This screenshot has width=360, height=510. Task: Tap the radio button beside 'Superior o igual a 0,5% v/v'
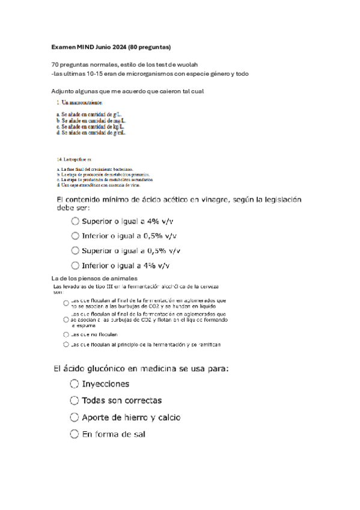75,250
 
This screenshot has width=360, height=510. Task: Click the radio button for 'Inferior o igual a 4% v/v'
75,265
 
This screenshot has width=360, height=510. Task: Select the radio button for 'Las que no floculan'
66,334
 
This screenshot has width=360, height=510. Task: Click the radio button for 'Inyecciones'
75,384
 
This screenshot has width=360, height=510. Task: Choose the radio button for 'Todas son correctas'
75,400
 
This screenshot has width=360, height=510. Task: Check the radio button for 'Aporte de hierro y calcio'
75,417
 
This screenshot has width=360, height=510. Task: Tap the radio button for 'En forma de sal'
75,434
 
